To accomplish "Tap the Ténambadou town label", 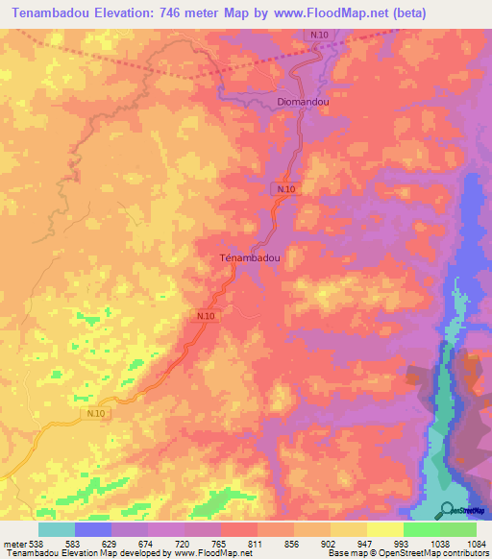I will click(250, 258).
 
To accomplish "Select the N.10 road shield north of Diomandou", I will click(320, 35).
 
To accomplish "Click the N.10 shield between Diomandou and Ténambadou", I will click(285, 189).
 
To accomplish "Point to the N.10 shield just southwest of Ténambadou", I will click(206, 316).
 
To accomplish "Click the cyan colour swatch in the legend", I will click(57, 529).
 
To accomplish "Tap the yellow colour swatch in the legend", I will click(384, 529).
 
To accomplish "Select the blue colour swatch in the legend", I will click(93, 529).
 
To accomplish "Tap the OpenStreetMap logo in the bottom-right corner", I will click(466, 510).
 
